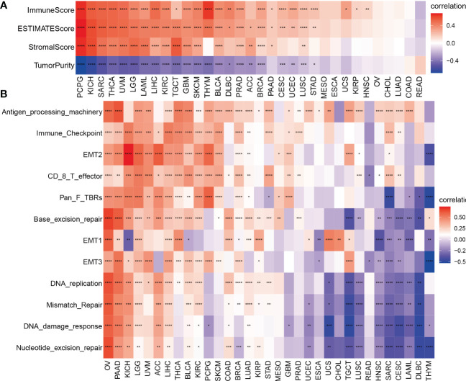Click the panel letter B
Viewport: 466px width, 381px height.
point(5,94)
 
